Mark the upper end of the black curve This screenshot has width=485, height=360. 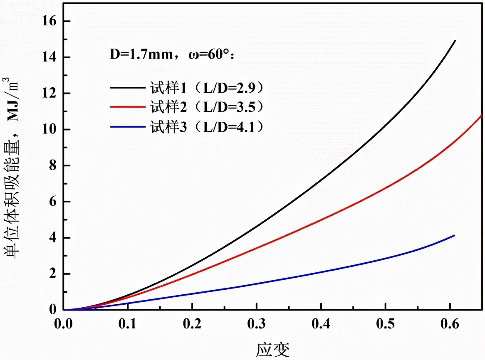click(455, 41)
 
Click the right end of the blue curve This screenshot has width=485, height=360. click(454, 235)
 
